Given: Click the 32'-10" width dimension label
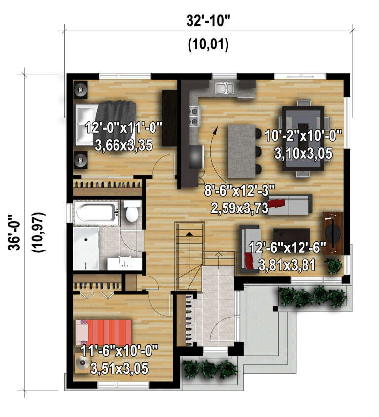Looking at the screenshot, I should (x=208, y=21).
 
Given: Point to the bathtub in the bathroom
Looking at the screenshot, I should (x=96, y=212).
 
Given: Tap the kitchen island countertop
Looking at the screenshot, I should (x=241, y=151).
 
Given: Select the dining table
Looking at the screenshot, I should (x=302, y=138).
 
